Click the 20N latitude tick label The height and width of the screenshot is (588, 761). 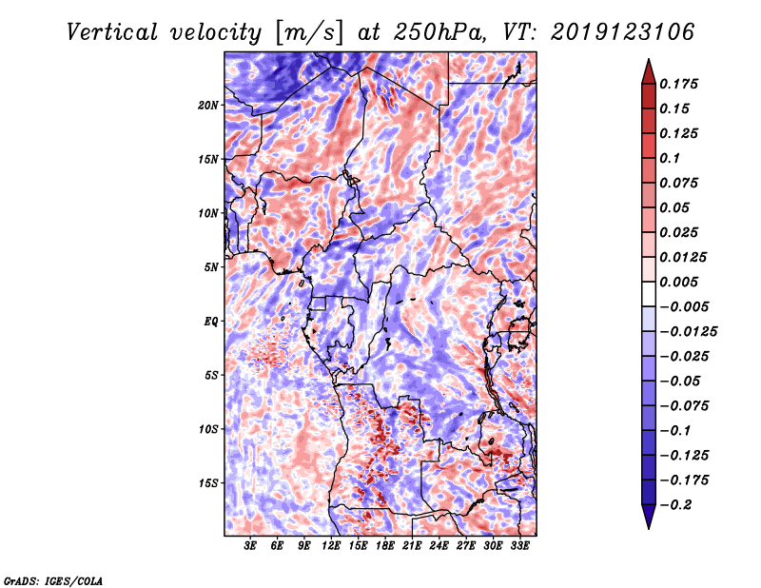coord(208,106)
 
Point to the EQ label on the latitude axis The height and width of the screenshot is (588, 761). coord(211,322)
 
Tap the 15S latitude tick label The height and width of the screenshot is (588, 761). coord(208,483)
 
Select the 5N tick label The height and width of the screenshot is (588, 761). coord(211,267)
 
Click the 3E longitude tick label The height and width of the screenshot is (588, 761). coord(250,546)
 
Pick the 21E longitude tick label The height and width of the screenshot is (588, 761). coord(412,546)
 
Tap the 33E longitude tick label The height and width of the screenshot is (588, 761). coord(519,546)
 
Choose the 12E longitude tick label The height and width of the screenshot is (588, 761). coord(331,546)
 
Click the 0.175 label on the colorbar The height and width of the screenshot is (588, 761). coord(678,84)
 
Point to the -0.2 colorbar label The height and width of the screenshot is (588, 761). coord(675,505)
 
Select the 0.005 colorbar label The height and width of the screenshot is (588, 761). coord(678,282)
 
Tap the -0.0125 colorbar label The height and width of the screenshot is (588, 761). coord(688,332)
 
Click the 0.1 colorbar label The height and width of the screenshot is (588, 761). coord(670,158)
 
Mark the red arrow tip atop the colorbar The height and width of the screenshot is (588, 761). coord(649,60)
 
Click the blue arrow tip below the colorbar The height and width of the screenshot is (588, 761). coord(649,528)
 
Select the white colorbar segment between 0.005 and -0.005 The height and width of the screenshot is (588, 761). coord(649,294)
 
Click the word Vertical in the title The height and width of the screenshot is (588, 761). coord(112,32)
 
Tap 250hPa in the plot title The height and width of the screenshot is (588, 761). coord(439,32)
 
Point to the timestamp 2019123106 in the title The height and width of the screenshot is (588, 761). coord(623,32)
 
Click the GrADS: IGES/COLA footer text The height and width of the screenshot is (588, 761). coord(53,581)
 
